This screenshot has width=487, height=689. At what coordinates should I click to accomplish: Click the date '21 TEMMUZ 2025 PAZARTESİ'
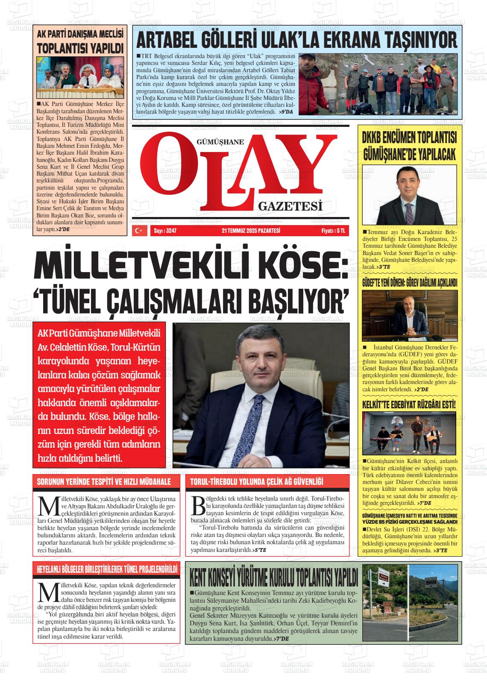coord(251,231)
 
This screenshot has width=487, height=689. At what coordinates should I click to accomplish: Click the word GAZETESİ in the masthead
coord(290,207)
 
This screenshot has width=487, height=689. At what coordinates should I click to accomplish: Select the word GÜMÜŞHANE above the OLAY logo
coord(220,143)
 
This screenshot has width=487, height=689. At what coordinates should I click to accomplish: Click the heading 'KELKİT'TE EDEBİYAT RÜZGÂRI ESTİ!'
coord(409,405)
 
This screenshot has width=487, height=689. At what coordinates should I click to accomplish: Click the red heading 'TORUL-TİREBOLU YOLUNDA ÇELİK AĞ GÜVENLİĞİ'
coord(256,482)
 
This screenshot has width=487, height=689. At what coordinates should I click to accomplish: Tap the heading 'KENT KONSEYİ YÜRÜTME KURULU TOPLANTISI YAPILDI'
coord(273,578)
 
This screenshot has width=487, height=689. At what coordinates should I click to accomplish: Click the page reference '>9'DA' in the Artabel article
coord(285,111)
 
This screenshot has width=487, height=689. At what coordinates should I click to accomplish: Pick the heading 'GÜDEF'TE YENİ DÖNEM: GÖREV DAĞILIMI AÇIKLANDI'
coord(409,283)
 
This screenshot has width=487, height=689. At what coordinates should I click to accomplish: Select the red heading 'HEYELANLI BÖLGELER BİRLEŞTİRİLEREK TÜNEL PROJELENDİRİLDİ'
coord(107,570)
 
